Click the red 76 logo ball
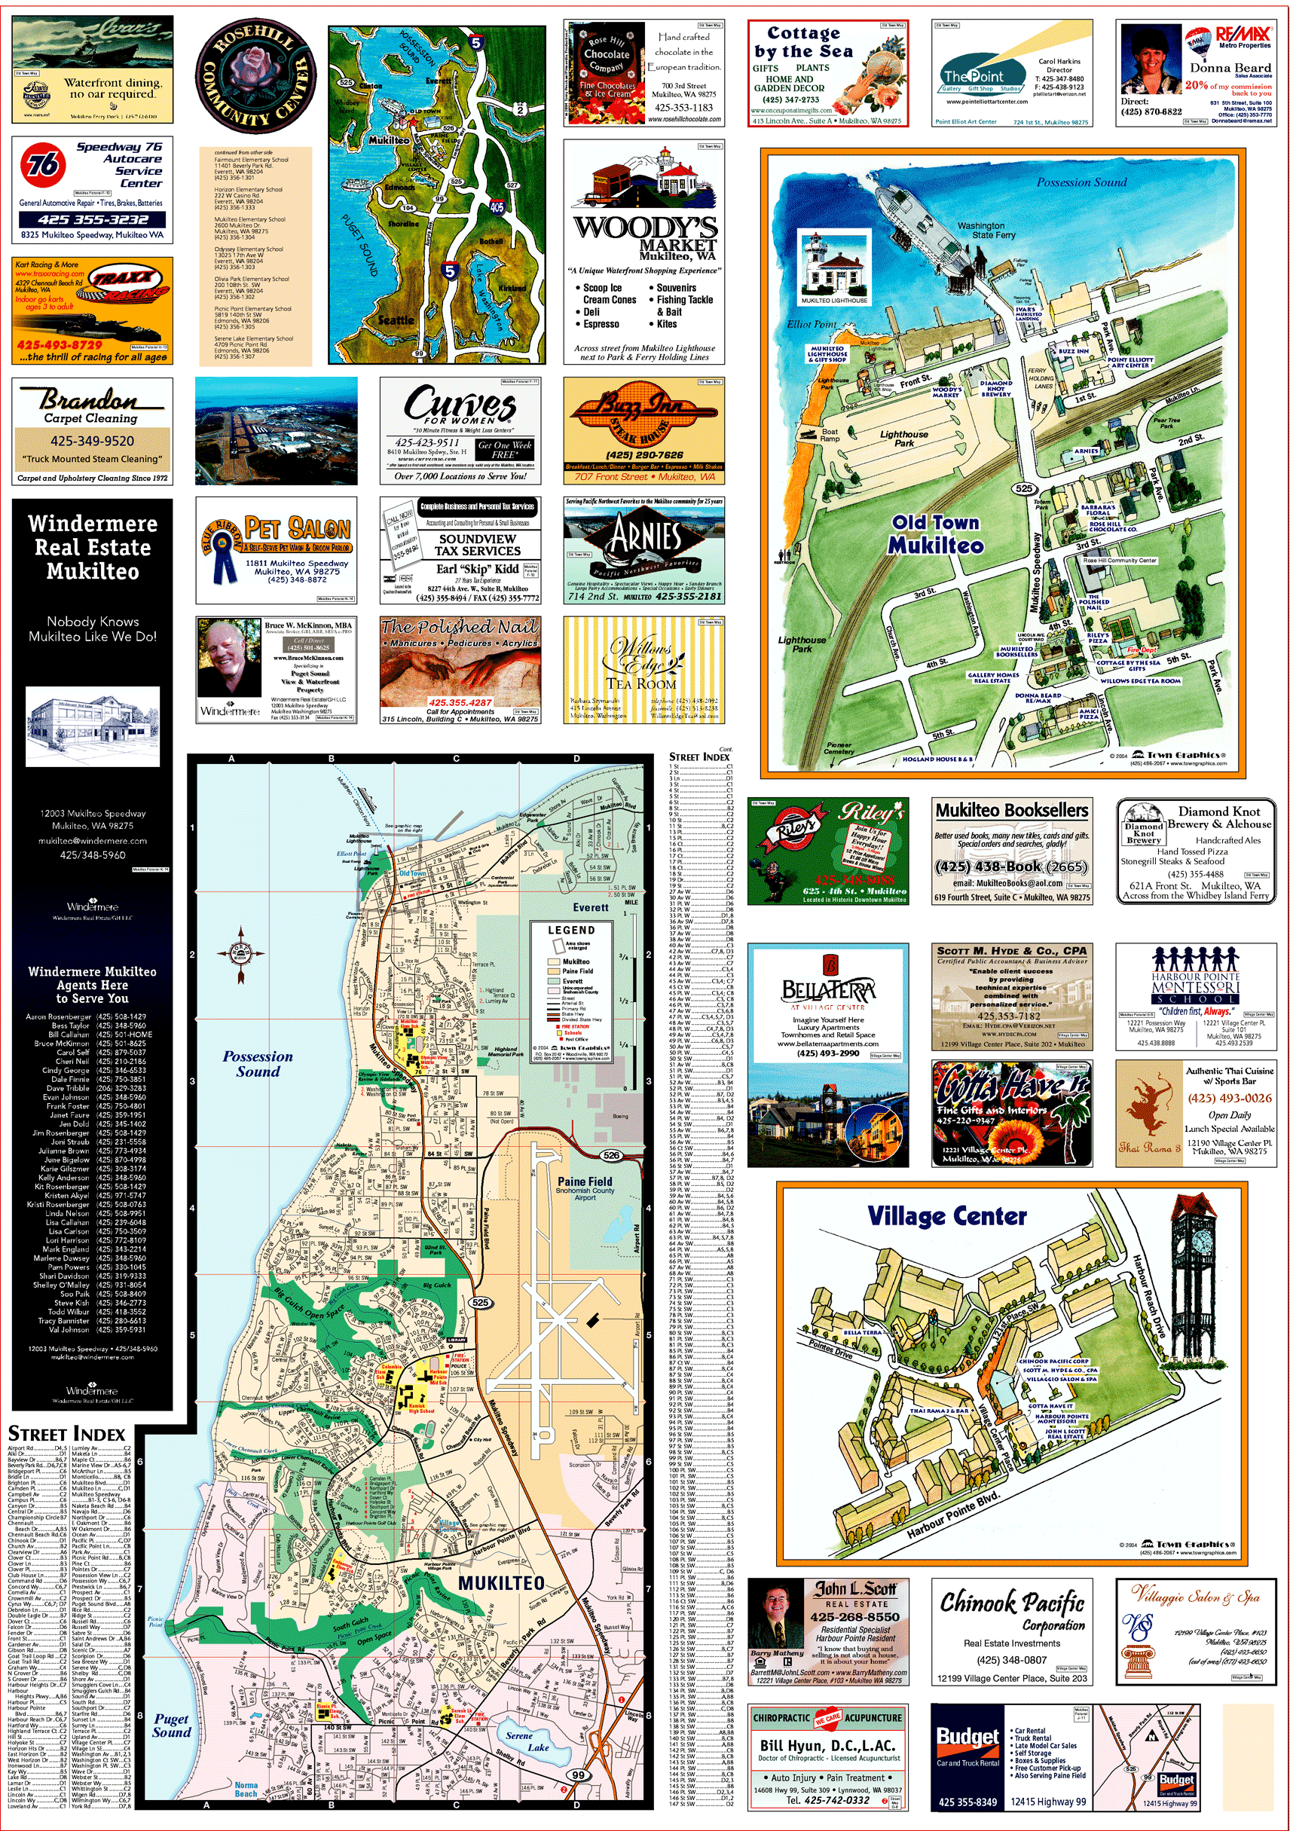pos(43,164)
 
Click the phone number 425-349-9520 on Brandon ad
pos(93,440)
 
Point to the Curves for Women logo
pos(459,405)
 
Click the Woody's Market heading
pos(645,232)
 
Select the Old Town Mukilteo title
pos(936,533)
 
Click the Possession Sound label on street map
pos(258,1063)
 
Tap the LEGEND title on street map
pos(571,930)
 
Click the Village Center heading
pos(947,1216)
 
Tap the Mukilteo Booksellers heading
pos(1012,810)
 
